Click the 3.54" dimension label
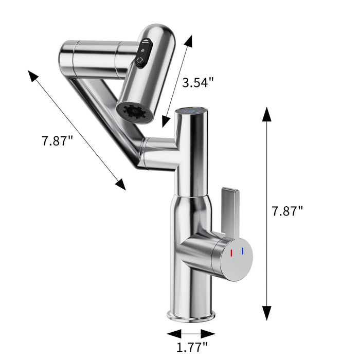(x=198, y=83)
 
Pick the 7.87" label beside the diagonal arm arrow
(x=58, y=140)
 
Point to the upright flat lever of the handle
(x=229, y=206)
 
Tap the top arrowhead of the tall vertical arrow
(x=267, y=114)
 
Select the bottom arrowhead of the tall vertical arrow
(x=267, y=314)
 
